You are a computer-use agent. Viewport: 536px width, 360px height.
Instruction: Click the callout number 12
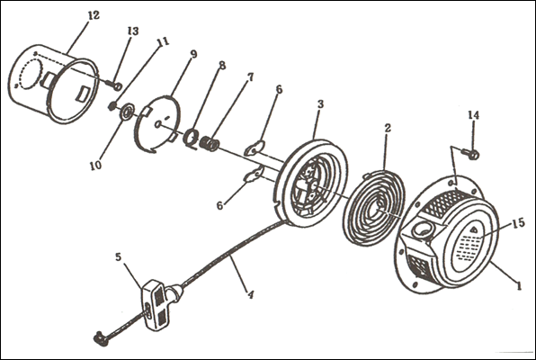94,15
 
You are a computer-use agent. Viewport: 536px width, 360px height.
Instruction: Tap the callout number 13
133,31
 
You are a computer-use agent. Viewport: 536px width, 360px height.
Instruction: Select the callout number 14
473,115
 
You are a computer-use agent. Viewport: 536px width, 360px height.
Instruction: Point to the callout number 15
519,223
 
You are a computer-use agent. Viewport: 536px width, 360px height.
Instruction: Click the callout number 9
194,54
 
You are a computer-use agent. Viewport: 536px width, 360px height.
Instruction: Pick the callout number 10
95,166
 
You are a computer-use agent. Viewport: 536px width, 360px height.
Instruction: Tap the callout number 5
119,256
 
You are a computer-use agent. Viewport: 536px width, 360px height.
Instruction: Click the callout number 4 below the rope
251,294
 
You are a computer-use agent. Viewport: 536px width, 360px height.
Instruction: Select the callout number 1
519,285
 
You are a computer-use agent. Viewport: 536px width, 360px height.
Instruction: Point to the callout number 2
388,128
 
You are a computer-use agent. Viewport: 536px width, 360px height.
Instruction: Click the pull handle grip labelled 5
156,304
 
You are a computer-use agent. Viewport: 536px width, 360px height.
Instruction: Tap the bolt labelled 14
470,154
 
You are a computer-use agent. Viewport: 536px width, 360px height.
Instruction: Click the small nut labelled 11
112,107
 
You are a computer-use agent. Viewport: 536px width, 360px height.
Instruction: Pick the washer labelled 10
126,112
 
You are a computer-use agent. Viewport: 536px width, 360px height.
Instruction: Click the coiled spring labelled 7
209,143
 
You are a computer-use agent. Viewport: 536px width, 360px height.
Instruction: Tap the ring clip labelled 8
190,138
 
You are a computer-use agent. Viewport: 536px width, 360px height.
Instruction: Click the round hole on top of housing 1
424,230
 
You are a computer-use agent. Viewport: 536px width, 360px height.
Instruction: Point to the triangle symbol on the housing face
474,229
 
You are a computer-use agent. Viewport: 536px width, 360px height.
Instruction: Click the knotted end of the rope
101,338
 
